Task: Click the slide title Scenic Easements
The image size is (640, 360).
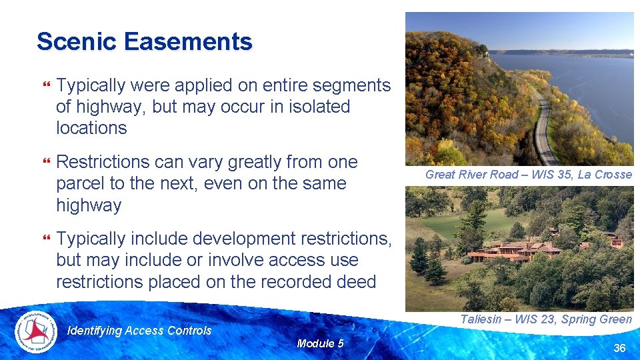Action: pos(145,41)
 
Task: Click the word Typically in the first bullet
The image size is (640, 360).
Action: pos(91,85)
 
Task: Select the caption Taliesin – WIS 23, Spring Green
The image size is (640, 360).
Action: pos(545,319)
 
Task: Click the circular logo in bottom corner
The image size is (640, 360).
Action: pos(37,331)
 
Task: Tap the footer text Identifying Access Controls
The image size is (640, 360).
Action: pos(139,331)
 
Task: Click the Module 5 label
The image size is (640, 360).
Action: pos(320,343)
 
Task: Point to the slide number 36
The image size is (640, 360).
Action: pos(619,348)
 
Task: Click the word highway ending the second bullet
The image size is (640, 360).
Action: pos(89,205)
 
